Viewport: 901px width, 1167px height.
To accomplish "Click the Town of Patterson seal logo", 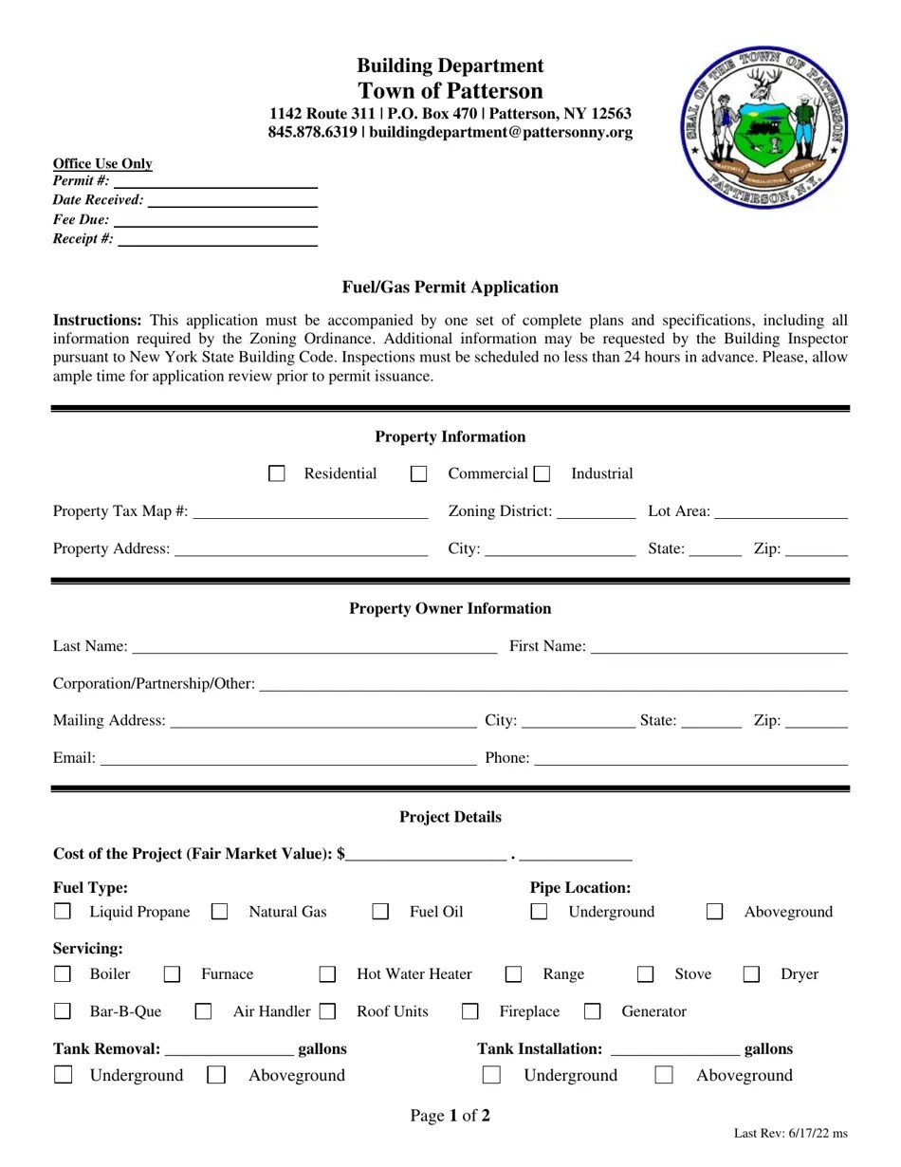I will tap(763, 128).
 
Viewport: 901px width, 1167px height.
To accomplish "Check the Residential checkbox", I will tap(277, 473).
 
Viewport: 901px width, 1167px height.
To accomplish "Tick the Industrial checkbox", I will tap(542, 473).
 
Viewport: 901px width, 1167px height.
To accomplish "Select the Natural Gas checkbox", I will tap(220, 912).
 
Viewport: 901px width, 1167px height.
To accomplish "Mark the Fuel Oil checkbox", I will tap(380, 912).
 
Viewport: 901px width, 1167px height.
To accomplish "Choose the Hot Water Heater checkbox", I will tap(327, 974).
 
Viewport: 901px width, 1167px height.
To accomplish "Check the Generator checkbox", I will tap(593, 1011).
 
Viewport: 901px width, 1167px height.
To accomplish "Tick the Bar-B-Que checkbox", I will tap(63, 1011).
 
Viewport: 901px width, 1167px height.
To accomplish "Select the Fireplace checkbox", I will tap(469, 1011).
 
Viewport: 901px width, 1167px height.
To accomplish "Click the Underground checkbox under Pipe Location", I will tap(539, 912).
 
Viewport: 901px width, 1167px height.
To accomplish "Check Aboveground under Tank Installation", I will tap(664, 1075).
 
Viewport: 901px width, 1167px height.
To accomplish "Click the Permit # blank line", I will tap(215, 182).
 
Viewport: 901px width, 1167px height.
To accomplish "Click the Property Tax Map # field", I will tap(310, 512).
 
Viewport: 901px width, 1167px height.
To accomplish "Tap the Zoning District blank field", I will tap(596, 512).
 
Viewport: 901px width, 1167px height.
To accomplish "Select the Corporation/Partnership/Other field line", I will tap(553, 684).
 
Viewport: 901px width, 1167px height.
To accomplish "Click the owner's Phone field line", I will tap(690, 758).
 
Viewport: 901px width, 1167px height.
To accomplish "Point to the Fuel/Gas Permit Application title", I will tap(450, 287).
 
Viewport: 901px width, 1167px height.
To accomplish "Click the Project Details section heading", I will tap(450, 817).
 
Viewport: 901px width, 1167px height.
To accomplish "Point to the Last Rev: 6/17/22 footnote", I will tap(791, 1133).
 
